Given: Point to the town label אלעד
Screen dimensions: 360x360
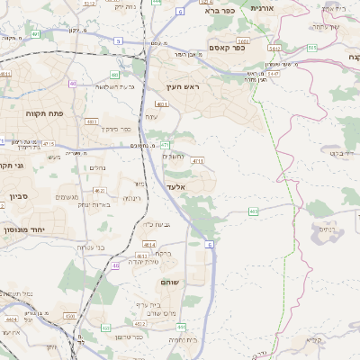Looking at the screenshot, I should [175, 186].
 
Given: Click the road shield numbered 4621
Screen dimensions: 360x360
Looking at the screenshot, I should [99, 191].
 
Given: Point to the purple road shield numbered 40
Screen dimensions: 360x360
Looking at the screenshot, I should [72, 84].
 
